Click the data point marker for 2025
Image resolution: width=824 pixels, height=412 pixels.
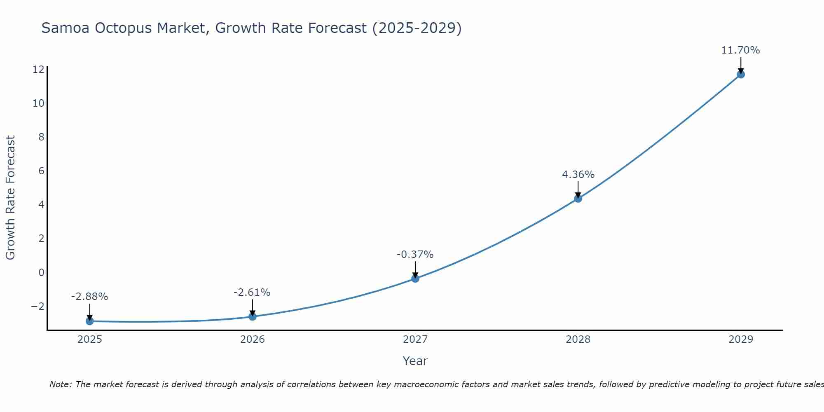(89, 321)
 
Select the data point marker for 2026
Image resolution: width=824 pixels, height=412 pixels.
(252, 316)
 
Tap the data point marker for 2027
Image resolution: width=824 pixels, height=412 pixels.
(415, 279)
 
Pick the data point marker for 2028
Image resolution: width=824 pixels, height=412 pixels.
(578, 199)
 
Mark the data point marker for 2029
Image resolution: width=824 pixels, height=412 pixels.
(741, 75)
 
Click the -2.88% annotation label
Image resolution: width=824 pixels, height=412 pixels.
(89, 297)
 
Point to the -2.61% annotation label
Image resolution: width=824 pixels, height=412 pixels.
(252, 293)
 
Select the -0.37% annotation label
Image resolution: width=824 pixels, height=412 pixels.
(415, 255)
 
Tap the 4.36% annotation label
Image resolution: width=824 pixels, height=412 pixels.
(578, 175)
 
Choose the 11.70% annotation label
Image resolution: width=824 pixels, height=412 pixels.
(740, 50)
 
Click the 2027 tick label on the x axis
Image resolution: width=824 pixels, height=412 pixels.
(415, 339)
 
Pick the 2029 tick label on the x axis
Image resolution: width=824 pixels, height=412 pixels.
(741, 339)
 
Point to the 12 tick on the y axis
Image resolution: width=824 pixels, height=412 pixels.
(38, 69)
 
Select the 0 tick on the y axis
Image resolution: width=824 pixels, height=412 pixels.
(41, 272)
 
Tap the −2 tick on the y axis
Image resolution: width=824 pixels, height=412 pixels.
(37, 306)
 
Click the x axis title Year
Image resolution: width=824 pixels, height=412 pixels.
(415, 361)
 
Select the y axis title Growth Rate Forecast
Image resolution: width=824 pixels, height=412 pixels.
(10, 198)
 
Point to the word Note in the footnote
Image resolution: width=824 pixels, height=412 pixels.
(60, 384)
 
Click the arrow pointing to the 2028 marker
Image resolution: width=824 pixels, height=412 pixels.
(578, 190)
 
